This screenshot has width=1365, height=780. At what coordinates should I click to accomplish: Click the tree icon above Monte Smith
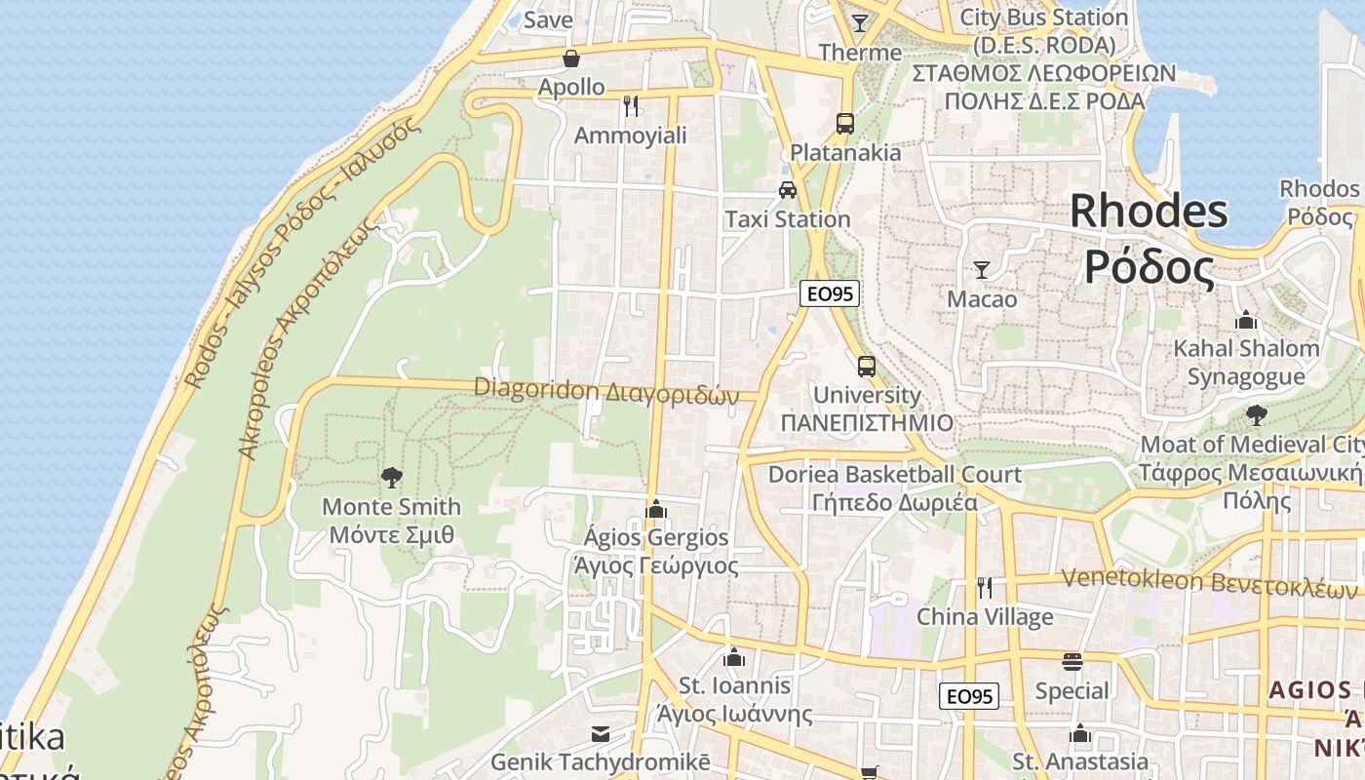pos(392,477)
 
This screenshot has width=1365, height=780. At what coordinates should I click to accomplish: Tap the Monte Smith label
pos(392,521)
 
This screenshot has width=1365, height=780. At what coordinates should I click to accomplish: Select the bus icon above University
pos(866,367)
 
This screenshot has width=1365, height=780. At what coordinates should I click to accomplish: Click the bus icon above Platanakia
pos(845,124)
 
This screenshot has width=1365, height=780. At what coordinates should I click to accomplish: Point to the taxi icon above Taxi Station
pos(788,190)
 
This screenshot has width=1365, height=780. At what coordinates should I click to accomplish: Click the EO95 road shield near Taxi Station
pos(830,293)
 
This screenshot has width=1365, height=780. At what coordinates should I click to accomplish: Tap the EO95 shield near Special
pos(970,696)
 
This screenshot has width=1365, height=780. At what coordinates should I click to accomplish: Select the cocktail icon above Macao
pos(982,270)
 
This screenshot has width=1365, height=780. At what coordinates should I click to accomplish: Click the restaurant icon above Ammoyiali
pos(631,104)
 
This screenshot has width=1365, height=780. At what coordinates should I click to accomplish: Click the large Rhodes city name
pos(1150,238)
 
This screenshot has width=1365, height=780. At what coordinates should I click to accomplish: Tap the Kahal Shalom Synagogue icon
pos(1246,320)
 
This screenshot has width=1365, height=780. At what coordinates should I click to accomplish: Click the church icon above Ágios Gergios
pos(656,509)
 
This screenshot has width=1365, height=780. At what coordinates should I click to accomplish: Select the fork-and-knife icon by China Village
pos(985,587)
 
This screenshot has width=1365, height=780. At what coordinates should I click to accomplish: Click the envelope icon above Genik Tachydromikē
pos(601,734)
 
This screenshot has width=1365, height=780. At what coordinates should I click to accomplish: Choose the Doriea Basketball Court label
pos(895,488)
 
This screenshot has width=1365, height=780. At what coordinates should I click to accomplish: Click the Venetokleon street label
pos(1209,580)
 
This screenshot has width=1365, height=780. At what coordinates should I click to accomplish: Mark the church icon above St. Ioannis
pos(734,657)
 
